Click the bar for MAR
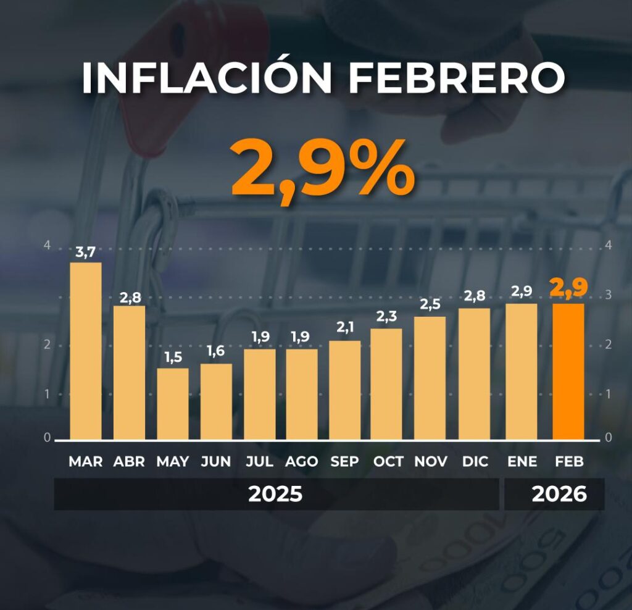click(85, 351)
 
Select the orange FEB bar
click(568, 371)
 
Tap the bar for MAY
click(173, 404)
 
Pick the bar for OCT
click(386, 383)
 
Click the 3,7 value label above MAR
click(86, 252)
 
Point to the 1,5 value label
click(173, 357)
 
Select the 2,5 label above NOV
click(430, 305)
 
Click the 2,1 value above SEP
click(344, 329)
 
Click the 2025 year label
click(275, 494)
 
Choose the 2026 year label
click(559, 494)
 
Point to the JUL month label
click(259, 461)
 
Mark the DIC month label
click(475, 461)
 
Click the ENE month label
click(522, 461)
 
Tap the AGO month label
click(302, 461)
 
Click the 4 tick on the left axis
click(47, 245)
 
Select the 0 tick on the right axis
click(609, 438)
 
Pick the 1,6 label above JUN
click(216, 353)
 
